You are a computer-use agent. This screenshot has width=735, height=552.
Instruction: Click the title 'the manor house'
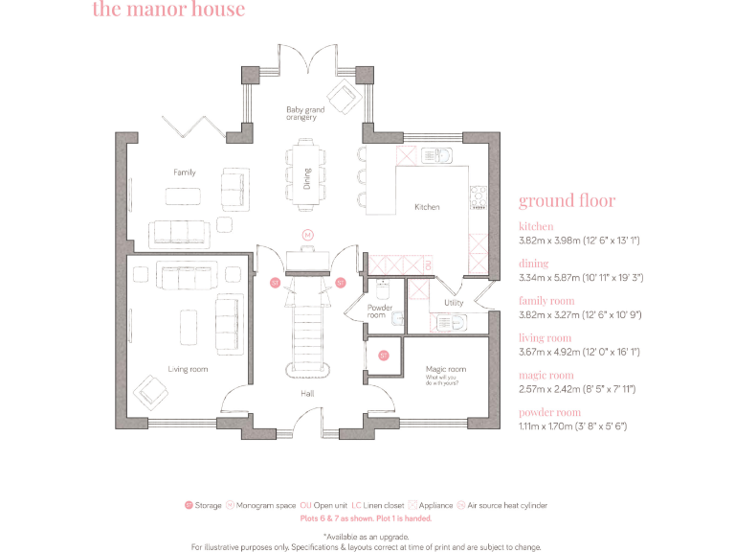pos(168,11)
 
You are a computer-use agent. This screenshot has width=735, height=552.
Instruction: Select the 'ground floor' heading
pos(567,201)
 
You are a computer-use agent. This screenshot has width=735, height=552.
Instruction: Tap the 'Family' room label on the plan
pos(185,172)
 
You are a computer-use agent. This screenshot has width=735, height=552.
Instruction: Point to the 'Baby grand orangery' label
pos(305,113)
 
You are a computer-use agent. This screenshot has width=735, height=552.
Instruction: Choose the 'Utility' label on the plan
pos(454,303)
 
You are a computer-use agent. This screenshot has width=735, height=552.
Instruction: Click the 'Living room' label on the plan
pos(188,369)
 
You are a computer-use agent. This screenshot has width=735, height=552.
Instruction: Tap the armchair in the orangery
pos(340,95)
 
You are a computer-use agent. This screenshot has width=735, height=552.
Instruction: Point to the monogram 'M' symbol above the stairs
pos(307,234)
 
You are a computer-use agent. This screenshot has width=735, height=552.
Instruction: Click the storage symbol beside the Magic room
pos(383,356)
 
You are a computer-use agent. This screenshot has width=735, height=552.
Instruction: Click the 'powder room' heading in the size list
pos(551,412)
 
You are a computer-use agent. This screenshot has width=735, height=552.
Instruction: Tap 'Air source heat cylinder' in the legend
pos(507,505)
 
